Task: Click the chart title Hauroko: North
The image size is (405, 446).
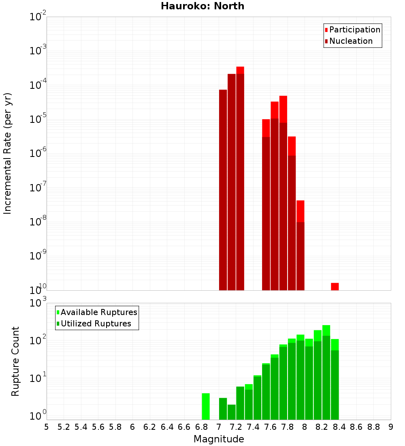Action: [x=202, y=6]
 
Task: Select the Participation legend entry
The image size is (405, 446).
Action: [x=352, y=30]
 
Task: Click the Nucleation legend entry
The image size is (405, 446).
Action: [x=348, y=41]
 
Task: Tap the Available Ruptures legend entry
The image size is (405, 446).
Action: [x=97, y=312]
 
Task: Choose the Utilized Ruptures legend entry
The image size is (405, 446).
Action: [x=94, y=324]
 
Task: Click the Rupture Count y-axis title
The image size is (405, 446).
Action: [x=15, y=361]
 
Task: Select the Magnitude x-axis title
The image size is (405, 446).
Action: [x=219, y=439]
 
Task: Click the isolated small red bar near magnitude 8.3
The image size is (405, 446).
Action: [x=335, y=286]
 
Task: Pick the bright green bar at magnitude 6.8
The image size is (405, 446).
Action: [x=206, y=406]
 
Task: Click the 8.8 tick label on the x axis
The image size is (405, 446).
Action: [x=373, y=427]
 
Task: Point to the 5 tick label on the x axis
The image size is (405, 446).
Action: [x=47, y=427]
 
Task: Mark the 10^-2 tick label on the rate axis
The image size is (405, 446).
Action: [x=38, y=17]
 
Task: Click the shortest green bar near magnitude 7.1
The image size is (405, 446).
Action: [x=231, y=412]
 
